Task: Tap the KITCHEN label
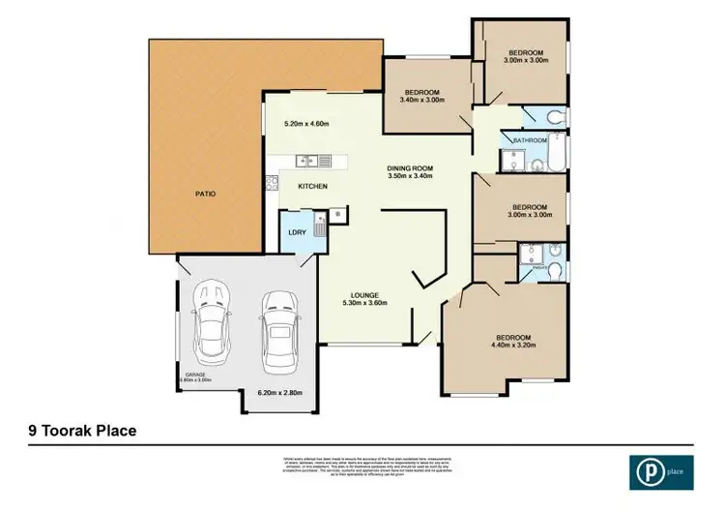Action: [x=312, y=186]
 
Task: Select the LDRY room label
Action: [x=297, y=232]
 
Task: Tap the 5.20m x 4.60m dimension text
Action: [x=306, y=124]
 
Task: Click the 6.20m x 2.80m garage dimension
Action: [x=280, y=393]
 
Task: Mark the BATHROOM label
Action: [x=531, y=140]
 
